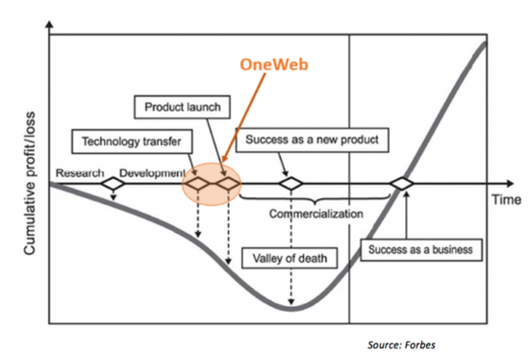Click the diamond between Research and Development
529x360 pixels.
113,182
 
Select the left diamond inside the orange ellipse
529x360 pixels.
198,182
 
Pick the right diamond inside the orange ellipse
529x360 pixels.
227,182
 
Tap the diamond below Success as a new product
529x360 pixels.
288,182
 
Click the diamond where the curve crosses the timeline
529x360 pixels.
401,182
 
